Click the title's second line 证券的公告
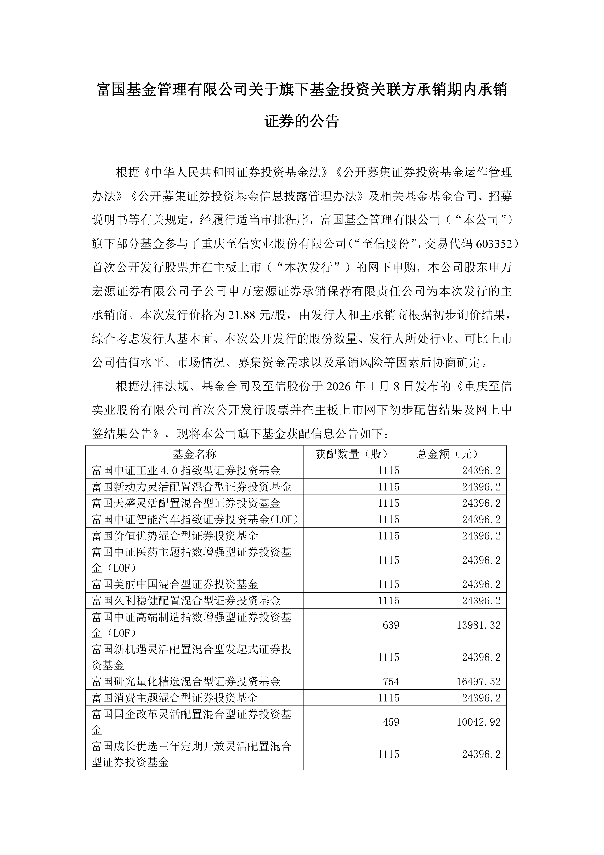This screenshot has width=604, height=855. click(x=302, y=121)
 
